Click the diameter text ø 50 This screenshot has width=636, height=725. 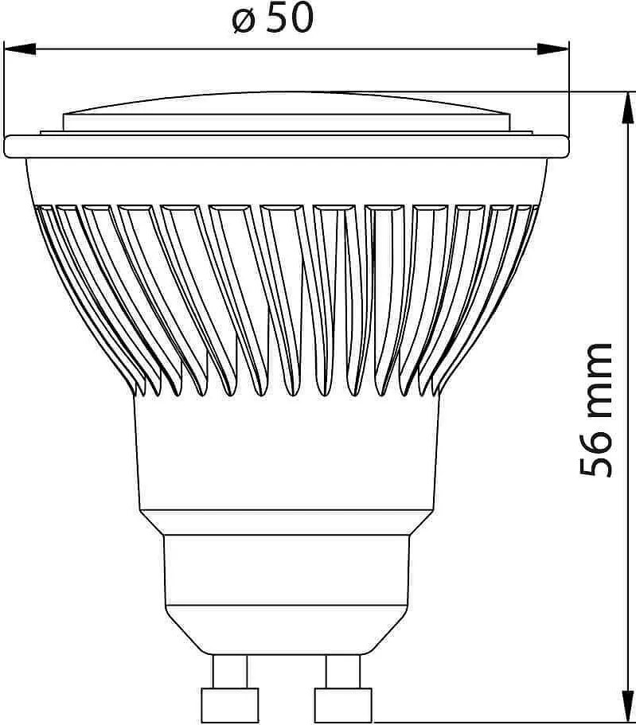pyautogui.click(x=273, y=19)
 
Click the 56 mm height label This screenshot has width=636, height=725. pyautogui.click(x=597, y=410)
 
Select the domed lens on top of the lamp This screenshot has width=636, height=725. pyautogui.click(x=287, y=107)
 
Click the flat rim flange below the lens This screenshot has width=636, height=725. pyautogui.click(x=287, y=146)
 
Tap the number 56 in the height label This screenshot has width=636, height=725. pyautogui.click(x=597, y=454)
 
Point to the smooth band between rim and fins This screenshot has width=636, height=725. pyautogui.click(x=287, y=179)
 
